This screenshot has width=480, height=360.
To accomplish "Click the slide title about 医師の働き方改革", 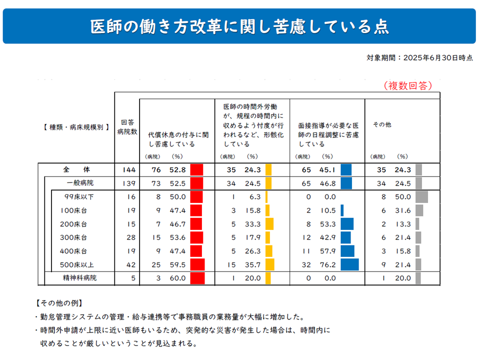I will [x=239, y=26].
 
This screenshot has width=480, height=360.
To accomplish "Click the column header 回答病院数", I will [x=127, y=127].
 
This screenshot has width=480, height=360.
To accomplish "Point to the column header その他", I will [x=382, y=124].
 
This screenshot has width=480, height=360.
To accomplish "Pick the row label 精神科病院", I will [x=80, y=278].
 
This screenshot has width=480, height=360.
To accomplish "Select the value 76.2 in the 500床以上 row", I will [x=327, y=264].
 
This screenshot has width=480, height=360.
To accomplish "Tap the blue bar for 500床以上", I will [x=349, y=264].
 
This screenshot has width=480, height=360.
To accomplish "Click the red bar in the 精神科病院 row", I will [x=197, y=278].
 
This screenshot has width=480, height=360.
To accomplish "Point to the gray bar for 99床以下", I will [x=421, y=197].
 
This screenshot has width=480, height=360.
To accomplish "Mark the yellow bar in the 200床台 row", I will [x=269, y=224].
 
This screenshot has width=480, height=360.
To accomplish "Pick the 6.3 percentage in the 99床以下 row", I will [x=254, y=197].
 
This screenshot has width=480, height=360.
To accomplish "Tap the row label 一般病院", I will [x=80, y=183].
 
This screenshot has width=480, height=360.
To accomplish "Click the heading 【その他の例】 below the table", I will [x=59, y=303].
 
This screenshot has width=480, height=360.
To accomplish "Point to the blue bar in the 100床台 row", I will [x=342, y=210].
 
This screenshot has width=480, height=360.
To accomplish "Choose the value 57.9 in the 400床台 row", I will [x=327, y=251].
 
